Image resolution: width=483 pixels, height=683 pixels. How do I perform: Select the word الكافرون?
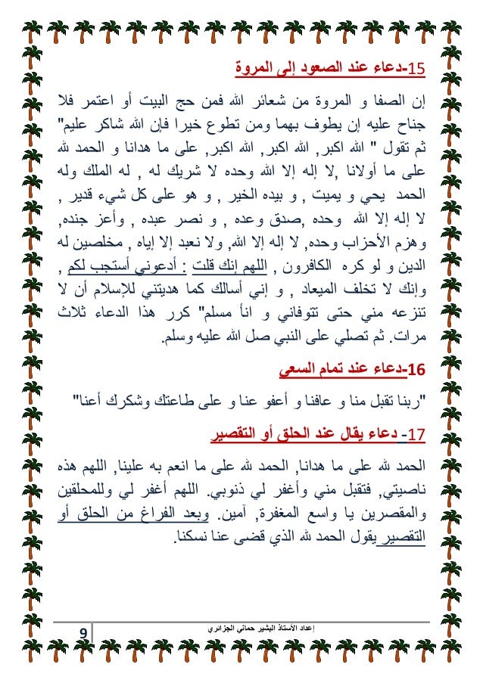pos(312,268)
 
